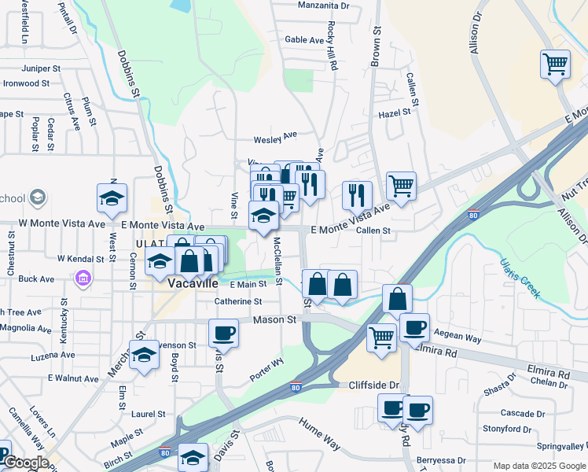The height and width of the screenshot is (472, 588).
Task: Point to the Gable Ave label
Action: pyautogui.click(x=304, y=39)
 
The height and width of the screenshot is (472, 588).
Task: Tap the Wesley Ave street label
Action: pyautogui.click(x=275, y=138)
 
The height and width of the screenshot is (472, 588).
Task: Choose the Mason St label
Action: pyautogui.click(x=274, y=320)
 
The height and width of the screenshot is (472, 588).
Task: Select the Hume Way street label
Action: pyautogui.click(x=319, y=433)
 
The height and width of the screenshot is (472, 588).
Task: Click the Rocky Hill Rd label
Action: pyautogui.click(x=333, y=47)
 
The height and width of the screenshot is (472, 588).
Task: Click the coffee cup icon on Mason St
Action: pyautogui.click(x=223, y=333)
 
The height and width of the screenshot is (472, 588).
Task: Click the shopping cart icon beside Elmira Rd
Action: pyautogui.click(x=381, y=338)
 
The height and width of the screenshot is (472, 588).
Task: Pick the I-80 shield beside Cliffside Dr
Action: pyautogui.click(x=296, y=387)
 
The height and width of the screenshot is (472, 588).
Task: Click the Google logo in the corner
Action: pyautogui.click(x=25, y=463)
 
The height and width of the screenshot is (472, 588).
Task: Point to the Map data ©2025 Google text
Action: pyautogui.click(x=539, y=466)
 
